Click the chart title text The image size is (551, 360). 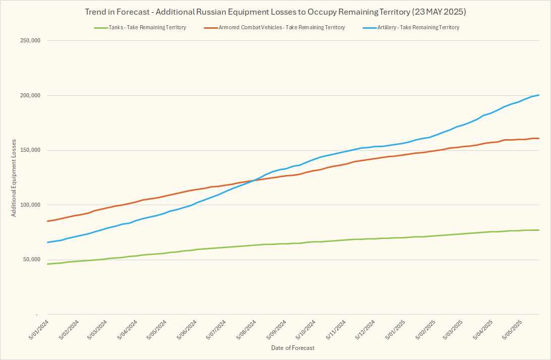click(275, 11)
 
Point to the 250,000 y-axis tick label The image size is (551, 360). click(29, 41)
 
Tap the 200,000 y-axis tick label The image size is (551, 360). click(29, 96)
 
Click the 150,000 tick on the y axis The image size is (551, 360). click(29, 150)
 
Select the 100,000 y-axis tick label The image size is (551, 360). click(29, 205)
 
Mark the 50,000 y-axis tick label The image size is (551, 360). click(30, 260)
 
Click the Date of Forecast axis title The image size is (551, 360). click(292, 348)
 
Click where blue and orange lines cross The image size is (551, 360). click(254, 180)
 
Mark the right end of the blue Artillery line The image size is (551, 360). click(539, 95)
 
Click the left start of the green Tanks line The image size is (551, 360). click(47, 264)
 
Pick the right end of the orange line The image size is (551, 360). click(539, 138)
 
